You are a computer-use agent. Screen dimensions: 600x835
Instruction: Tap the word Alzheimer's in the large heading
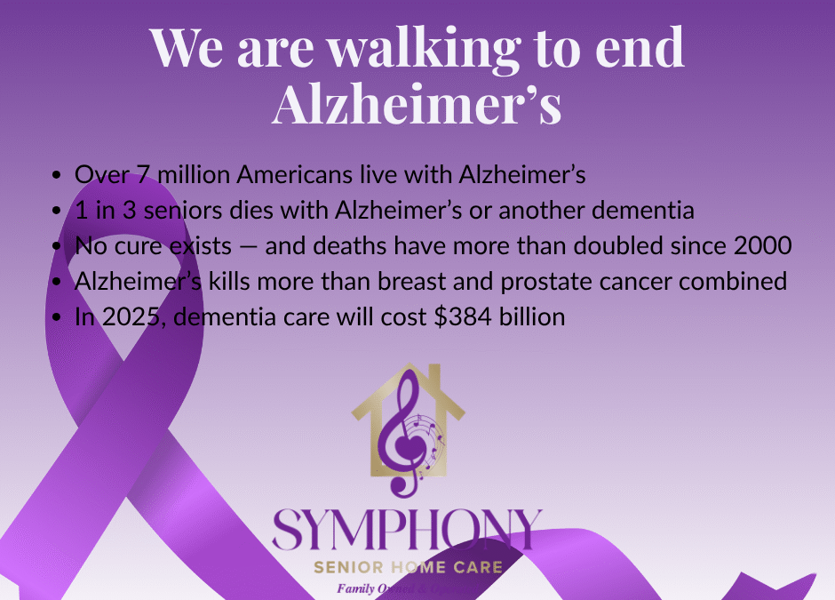click(417, 105)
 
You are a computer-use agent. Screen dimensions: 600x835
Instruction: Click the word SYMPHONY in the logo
click(407, 530)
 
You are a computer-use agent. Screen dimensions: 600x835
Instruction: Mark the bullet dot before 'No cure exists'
click(58, 246)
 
